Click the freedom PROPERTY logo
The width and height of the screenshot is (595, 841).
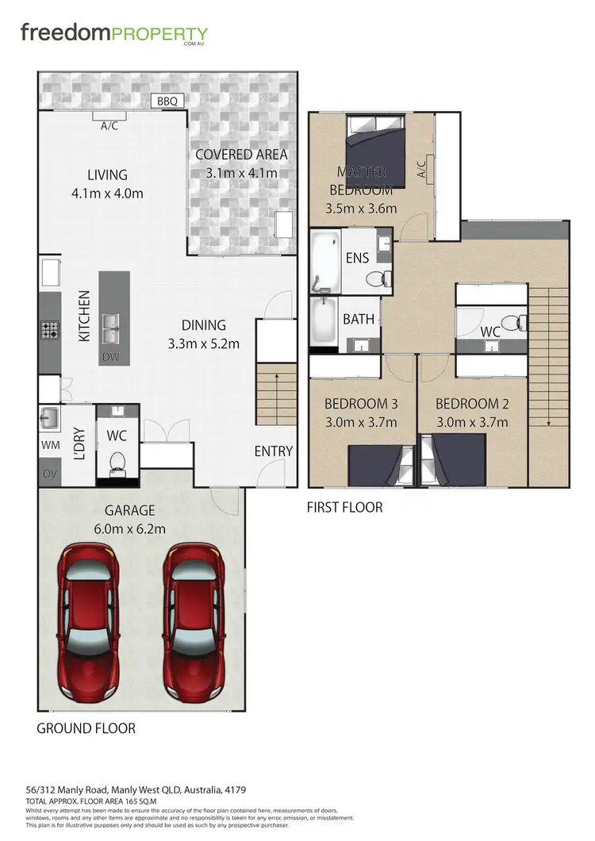pos(114,35)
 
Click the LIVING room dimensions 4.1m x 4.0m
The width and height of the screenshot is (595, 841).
pos(107,193)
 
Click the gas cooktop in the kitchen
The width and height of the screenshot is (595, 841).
pos(50,328)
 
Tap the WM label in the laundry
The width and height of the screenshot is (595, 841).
pos(49,447)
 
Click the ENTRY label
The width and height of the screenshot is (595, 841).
pos(273,451)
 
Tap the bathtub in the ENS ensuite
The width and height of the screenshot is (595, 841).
pos(324,261)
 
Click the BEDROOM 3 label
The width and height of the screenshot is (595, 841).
pos(360,404)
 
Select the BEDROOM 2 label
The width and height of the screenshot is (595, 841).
pos(472,404)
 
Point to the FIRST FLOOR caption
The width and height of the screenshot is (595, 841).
pos(344,507)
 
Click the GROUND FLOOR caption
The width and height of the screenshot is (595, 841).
pos(86,728)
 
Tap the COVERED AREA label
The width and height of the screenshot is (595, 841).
pos(241,155)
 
